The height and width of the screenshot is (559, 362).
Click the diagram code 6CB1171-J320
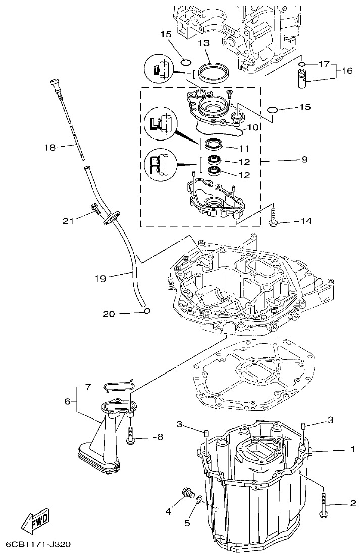(38, 545)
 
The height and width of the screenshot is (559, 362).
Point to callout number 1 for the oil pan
(352, 449)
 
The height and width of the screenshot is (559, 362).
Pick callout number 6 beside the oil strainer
(67, 402)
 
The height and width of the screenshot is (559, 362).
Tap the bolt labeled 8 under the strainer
(131, 435)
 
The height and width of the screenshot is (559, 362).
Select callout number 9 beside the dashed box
(304, 160)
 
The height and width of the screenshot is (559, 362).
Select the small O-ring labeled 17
(301, 65)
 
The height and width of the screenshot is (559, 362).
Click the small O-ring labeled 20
(147, 311)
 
